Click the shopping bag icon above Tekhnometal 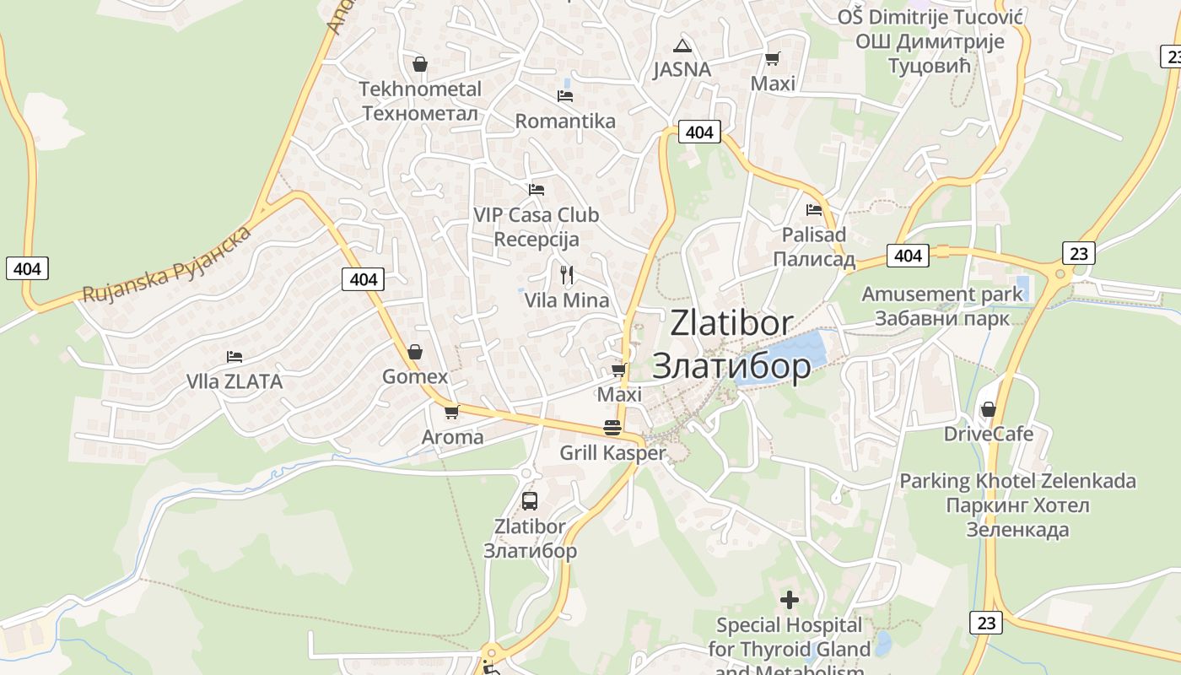pyautogui.click(x=419, y=64)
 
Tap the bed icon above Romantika pyautogui.click(x=565, y=96)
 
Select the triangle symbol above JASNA pyautogui.click(x=682, y=45)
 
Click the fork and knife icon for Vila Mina pyautogui.click(x=567, y=274)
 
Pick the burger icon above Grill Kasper pyautogui.click(x=612, y=428)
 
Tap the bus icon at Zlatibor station pyautogui.click(x=530, y=501)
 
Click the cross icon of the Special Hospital pyautogui.click(x=790, y=600)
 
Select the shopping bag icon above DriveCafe pyautogui.click(x=989, y=409)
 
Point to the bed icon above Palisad pyautogui.click(x=814, y=209)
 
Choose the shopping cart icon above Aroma pyautogui.click(x=452, y=412)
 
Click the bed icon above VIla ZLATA pyautogui.click(x=235, y=357)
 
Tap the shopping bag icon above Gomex pyautogui.click(x=415, y=352)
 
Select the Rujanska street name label pyautogui.click(x=167, y=264)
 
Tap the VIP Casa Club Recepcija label pyautogui.click(x=537, y=227)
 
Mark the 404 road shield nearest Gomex pyautogui.click(x=364, y=278)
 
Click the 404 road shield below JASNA pyautogui.click(x=699, y=132)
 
